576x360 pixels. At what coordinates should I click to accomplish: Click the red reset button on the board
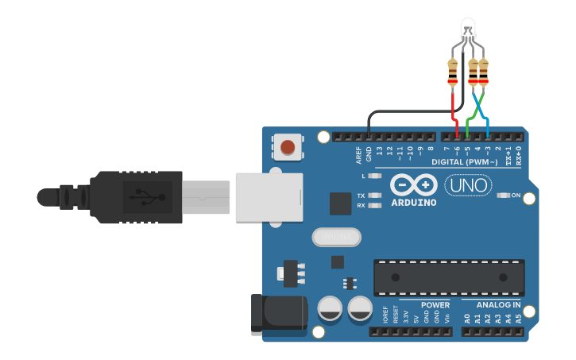pyautogui.click(x=288, y=147)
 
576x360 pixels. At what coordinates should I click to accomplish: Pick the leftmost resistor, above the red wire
pyautogui.click(x=453, y=72)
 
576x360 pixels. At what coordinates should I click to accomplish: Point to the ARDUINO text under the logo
pyautogui.click(x=413, y=202)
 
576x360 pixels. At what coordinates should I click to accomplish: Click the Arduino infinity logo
pyautogui.click(x=413, y=185)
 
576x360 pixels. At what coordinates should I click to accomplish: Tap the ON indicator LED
pyautogui.click(x=503, y=195)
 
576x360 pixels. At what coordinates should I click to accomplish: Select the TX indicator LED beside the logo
pyautogui.click(x=376, y=195)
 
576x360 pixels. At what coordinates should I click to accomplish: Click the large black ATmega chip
pyautogui.click(x=449, y=278)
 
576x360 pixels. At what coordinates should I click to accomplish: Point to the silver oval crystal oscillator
pyautogui.click(x=336, y=237)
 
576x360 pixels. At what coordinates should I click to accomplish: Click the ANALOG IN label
pyautogui.click(x=498, y=304)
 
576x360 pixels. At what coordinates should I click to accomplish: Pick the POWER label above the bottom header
pyautogui.click(x=435, y=304)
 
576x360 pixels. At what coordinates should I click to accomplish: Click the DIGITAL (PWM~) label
pyautogui.click(x=465, y=162)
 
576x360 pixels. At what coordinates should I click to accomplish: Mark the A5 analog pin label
pyautogui.click(x=519, y=319)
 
